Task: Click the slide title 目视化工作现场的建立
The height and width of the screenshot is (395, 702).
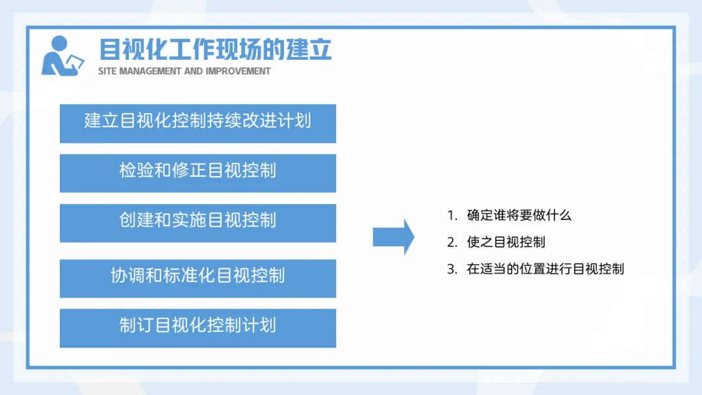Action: (215, 49)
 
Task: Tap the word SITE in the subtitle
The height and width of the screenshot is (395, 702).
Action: (107, 71)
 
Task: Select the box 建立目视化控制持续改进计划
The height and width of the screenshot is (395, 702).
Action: (198, 123)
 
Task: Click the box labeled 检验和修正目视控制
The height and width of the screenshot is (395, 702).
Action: (198, 173)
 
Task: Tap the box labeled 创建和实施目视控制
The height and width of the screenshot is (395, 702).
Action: (198, 223)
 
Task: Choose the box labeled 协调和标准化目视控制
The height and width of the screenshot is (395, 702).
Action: (198, 278)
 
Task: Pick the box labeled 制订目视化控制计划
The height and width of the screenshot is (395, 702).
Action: (198, 328)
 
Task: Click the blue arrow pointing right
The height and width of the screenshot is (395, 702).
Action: (393, 237)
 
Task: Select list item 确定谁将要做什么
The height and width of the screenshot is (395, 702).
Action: (519, 215)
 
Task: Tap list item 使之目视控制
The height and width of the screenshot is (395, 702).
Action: (506, 242)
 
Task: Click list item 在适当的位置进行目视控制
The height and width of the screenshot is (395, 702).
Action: (545, 269)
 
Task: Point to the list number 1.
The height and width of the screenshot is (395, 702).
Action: (451, 216)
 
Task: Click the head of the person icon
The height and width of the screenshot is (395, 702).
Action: (59, 44)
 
